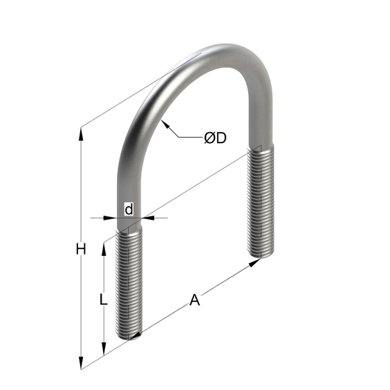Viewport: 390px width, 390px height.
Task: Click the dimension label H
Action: pos(81,249)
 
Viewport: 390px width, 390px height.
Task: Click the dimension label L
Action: pos(103,299)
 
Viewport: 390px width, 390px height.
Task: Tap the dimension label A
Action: pos(194,299)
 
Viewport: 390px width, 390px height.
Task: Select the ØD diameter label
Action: pos(215,138)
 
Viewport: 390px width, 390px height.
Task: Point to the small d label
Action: pos(129,210)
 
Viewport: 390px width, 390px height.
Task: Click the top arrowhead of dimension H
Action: pos(81,134)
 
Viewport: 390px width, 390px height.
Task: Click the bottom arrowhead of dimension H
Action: pos(81,362)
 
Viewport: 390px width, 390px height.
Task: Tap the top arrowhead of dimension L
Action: pos(104,250)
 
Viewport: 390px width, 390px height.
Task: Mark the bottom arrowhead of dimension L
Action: pos(104,349)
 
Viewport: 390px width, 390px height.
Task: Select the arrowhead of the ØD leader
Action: pos(165,124)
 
